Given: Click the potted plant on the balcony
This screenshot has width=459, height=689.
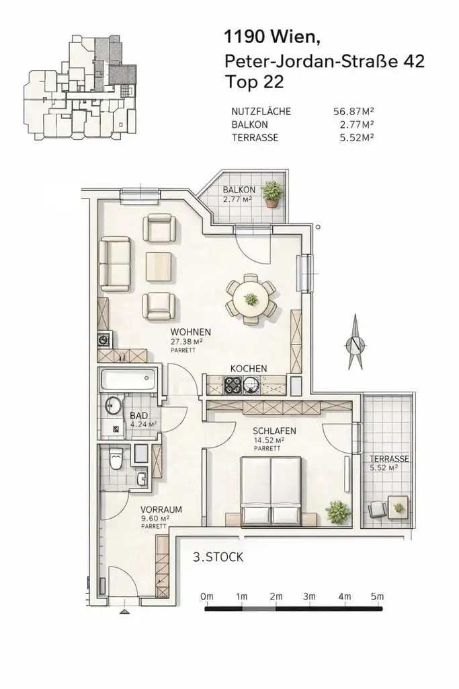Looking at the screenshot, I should click(x=272, y=194).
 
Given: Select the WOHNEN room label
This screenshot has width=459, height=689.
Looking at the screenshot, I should click(x=191, y=332).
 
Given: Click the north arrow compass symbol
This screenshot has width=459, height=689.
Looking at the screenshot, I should click(x=355, y=344).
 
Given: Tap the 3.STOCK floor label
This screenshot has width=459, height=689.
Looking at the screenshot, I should click(x=218, y=557).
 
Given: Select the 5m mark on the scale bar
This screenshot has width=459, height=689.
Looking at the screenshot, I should click(x=378, y=596).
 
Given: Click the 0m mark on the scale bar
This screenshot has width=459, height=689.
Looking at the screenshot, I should click(x=206, y=596).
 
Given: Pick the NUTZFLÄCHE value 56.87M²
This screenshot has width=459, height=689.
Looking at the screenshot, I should click(x=353, y=112).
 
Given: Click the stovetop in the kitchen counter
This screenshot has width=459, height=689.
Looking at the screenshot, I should click(x=233, y=386).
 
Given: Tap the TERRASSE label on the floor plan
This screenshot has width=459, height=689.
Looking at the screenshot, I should click(x=389, y=459).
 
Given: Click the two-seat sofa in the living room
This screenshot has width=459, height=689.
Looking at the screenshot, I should click(x=115, y=263).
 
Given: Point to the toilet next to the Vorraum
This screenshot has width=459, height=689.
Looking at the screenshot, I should click(x=116, y=460).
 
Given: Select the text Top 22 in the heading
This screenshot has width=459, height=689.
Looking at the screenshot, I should click(x=255, y=82).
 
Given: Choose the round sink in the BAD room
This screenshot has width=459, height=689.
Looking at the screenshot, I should click(x=114, y=406).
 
